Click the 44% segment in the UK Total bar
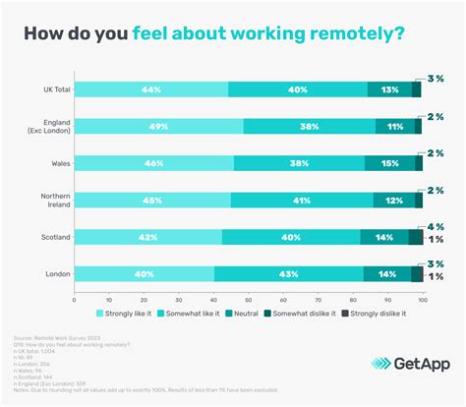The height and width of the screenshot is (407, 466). click(x=150, y=89)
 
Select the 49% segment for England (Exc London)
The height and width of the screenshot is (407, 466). click(x=159, y=126)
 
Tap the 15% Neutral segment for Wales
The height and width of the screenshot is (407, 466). click(x=390, y=163)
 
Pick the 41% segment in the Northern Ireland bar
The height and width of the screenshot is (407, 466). click(x=303, y=200)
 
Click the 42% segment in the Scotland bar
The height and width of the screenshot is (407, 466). click(x=147, y=237)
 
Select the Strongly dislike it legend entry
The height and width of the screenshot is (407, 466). click(x=383, y=314)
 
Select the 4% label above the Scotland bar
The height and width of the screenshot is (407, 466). click(x=437, y=227)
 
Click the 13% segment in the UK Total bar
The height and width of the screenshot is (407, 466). click(x=389, y=89)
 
